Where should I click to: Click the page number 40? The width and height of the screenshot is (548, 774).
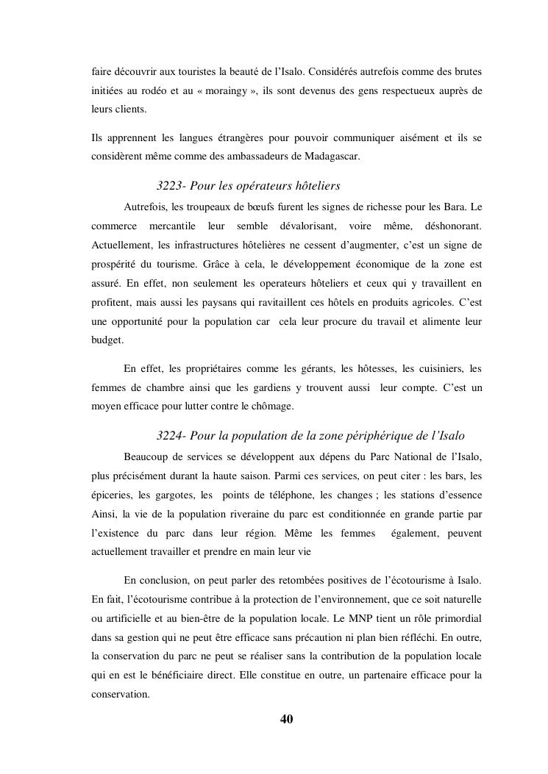pyautogui.click(x=287, y=719)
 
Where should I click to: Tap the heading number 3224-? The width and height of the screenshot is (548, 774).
pyautogui.click(x=174, y=436)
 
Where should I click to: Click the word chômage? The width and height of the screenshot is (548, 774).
pyautogui.click(x=272, y=406)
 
